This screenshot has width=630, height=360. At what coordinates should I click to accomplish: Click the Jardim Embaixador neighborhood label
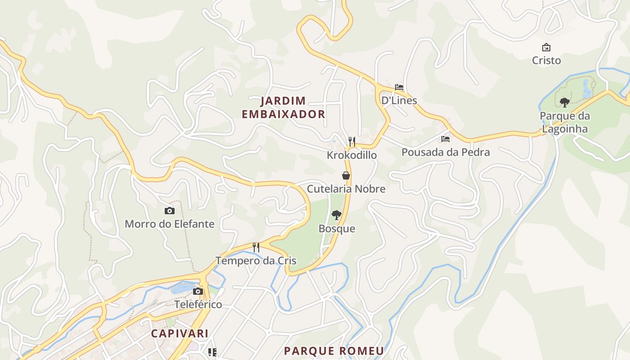pyautogui.click(x=283, y=107)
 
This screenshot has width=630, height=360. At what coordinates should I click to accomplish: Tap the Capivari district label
pyautogui.click(x=180, y=333)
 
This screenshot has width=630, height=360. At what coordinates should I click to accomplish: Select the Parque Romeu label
pyautogui.click(x=334, y=351)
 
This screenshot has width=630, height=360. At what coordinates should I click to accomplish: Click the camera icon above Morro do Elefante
pyautogui.click(x=169, y=211)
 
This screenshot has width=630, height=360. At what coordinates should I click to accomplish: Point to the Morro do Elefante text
pyautogui.click(x=169, y=224)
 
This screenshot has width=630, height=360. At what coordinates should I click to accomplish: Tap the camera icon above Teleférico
pyautogui.click(x=198, y=291)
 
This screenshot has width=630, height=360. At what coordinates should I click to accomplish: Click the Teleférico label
pyautogui.click(x=198, y=304)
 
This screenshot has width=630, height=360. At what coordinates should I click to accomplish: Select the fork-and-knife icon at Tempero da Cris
pyautogui.click(x=256, y=247)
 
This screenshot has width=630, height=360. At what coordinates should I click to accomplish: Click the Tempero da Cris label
pyautogui.click(x=256, y=260)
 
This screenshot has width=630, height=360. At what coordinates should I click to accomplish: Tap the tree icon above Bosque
pyautogui.click(x=337, y=215)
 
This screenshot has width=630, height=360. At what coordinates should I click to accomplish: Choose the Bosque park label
pyautogui.click(x=337, y=229)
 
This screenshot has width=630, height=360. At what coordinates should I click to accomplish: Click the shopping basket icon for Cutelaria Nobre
pyautogui.click(x=346, y=175)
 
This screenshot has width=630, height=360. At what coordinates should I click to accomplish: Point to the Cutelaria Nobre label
pyautogui.click(x=346, y=189)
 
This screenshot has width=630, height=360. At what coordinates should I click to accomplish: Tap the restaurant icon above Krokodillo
pyautogui.click(x=352, y=142)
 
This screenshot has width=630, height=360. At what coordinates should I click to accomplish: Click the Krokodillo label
pyautogui.click(x=352, y=155)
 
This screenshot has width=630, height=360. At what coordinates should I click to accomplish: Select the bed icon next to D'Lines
pyautogui.click(x=399, y=87)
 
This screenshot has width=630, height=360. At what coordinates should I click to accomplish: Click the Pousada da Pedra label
pyautogui.click(x=445, y=152)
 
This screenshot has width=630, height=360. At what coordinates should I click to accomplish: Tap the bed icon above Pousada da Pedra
pyautogui.click(x=445, y=139)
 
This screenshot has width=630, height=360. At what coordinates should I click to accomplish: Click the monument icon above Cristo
pyautogui.click(x=546, y=47)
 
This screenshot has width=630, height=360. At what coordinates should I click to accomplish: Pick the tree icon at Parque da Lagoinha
pyautogui.click(x=564, y=103)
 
